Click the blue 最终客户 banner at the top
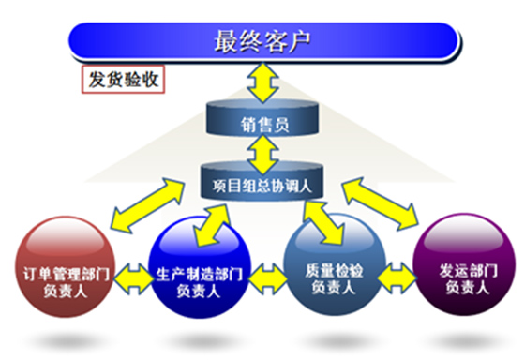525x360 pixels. tap(263, 42)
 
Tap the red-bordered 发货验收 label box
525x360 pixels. tap(123, 80)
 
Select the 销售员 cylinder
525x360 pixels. tap(262, 118)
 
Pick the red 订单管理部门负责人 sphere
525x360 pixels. tap(66, 266)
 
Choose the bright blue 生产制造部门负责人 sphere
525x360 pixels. tap(200, 267)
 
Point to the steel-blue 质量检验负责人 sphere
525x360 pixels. tap(335, 264)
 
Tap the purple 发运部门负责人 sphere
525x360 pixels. tap(465, 264)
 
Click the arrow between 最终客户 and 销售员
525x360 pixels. tap(262, 82)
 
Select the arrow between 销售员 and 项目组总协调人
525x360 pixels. tap(262, 155)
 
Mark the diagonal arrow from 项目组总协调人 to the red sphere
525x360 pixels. tap(148, 205)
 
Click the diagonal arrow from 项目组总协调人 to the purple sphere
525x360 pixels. tap(381, 203)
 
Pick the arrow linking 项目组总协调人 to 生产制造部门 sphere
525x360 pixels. tap(213, 225)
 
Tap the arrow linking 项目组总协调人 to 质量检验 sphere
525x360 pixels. tap(323, 222)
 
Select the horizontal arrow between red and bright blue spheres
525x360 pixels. tap(133, 279)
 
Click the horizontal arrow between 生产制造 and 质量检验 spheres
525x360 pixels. tap(268, 279)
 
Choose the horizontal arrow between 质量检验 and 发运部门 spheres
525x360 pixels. tap(397, 277)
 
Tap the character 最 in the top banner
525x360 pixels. tap(226, 41)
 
